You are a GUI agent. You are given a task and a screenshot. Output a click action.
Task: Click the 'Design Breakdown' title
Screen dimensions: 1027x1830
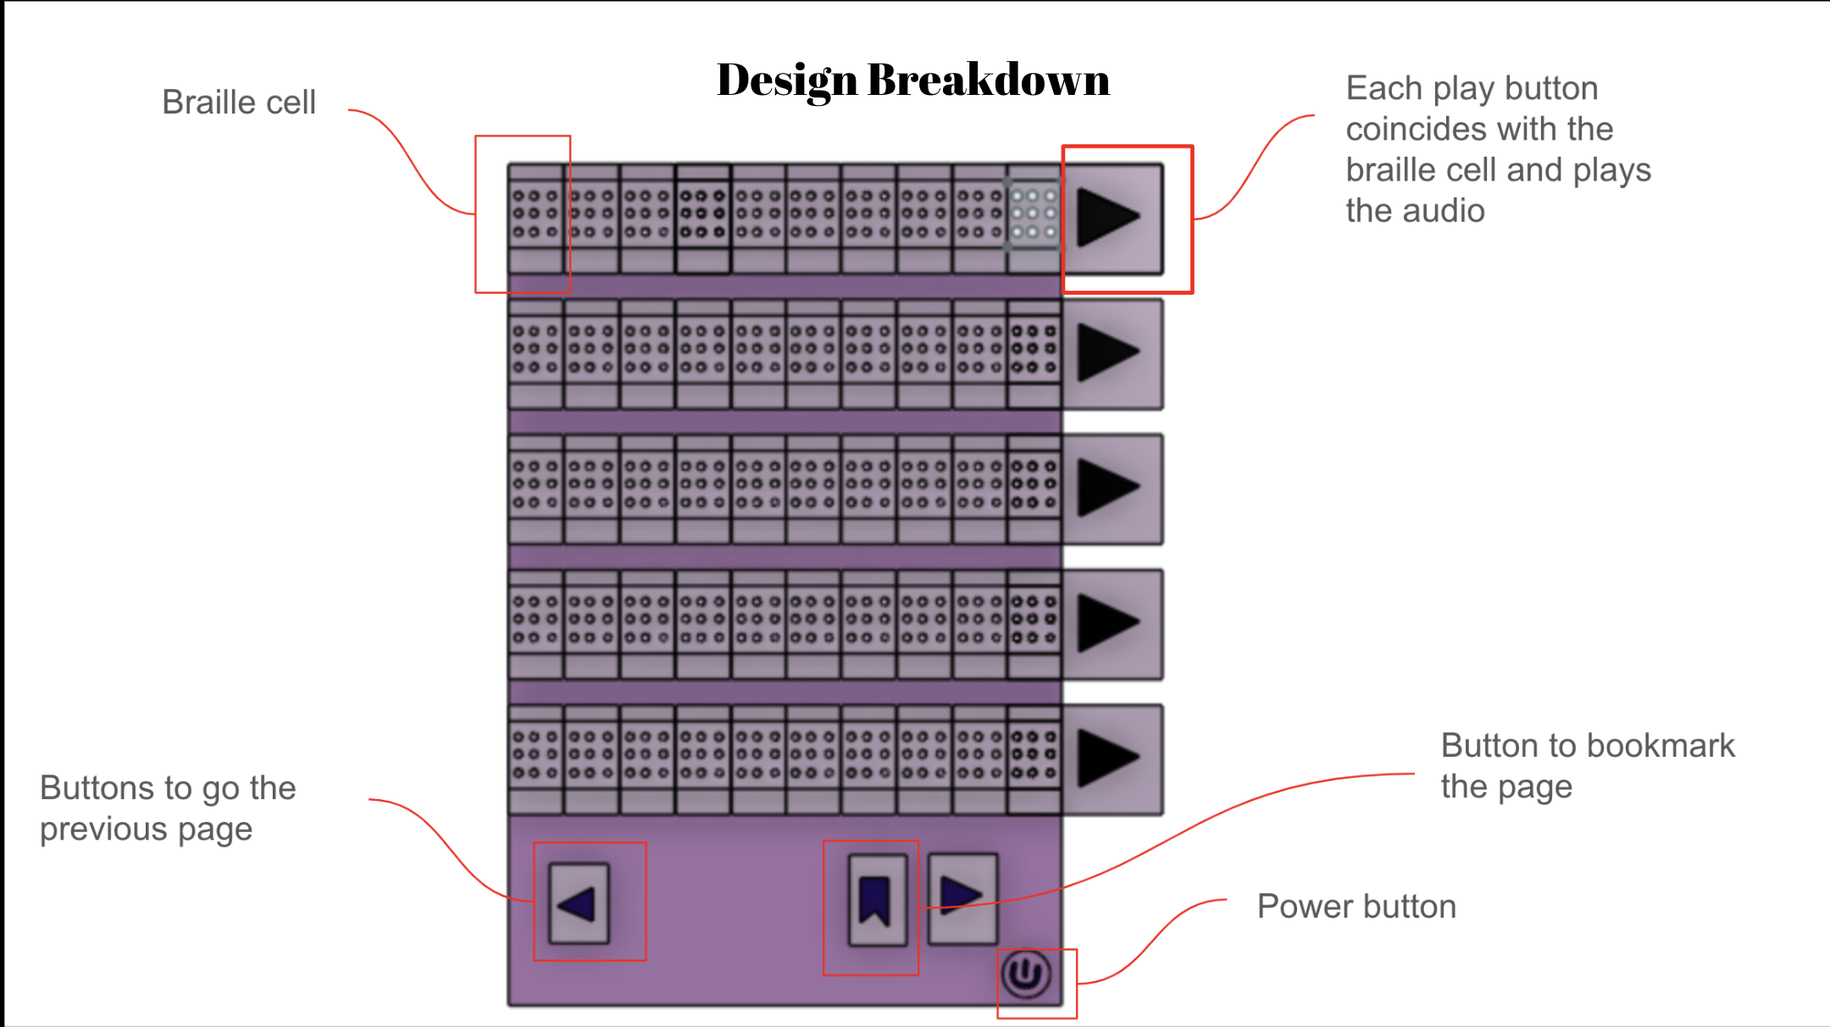tap(912, 80)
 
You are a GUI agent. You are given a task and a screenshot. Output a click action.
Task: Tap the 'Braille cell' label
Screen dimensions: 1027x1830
tap(238, 103)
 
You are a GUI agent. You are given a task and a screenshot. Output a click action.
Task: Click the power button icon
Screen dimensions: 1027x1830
tap(1026, 974)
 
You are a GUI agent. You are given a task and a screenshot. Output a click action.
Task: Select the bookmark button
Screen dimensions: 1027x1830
tap(876, 899)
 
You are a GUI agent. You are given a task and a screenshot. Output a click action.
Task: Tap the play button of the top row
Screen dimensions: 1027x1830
tap(1111, 218)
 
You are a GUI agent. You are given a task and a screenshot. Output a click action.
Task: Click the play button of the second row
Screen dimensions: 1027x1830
tap(1111, 353)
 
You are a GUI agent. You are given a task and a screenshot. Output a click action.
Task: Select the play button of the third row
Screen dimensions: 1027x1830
tap(1111, 488)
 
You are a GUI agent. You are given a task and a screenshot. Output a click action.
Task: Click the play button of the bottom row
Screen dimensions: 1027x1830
tap(1111, 758)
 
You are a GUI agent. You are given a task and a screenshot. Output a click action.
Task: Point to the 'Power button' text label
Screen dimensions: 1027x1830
tap(1356, 907)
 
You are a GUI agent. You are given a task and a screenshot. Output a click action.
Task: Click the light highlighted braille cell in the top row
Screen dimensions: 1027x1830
tap(1034, 214)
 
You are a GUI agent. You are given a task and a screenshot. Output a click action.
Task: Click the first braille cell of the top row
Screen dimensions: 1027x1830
tap(535, 214)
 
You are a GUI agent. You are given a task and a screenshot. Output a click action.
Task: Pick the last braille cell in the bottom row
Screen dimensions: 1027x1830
tap(1034, 755)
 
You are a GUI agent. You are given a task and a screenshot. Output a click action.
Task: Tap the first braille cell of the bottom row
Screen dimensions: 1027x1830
tap(535, 755)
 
